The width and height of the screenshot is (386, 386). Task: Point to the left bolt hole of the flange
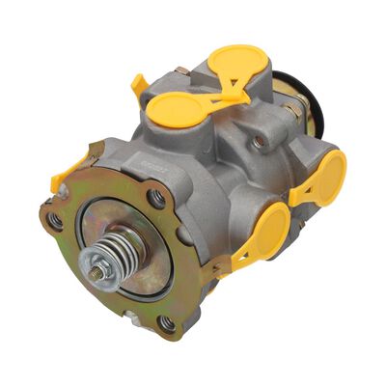[x=56, y=220]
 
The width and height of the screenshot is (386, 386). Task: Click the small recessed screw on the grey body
[x=259, y=143]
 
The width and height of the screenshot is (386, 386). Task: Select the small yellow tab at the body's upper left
[x=141, y=85]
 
